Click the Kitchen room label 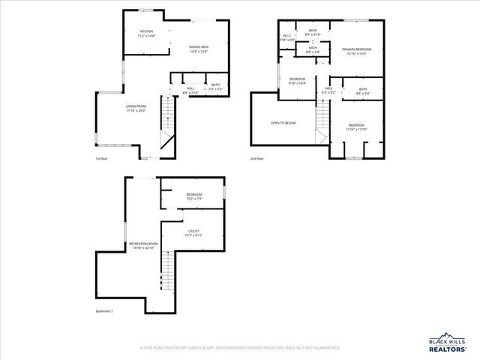click(145, 34)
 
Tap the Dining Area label click(199, 49)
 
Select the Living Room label click(136, 108)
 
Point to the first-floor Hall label click(190, 90)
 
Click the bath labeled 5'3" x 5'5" click(215, 88)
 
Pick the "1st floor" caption click(101, 159)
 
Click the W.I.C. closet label click(287, 37)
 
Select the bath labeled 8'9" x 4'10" click(313, 32)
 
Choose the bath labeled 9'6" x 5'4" click(362, 91)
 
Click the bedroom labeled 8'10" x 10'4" click(298, 81)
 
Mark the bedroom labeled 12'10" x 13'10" click(355, 127)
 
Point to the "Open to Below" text click(283, 122)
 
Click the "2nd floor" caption click(256, 159)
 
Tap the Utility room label click(193, 233)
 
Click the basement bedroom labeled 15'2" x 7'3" click(194, 196)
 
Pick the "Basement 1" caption click(103, 311)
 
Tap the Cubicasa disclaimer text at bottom click(240, 348)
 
